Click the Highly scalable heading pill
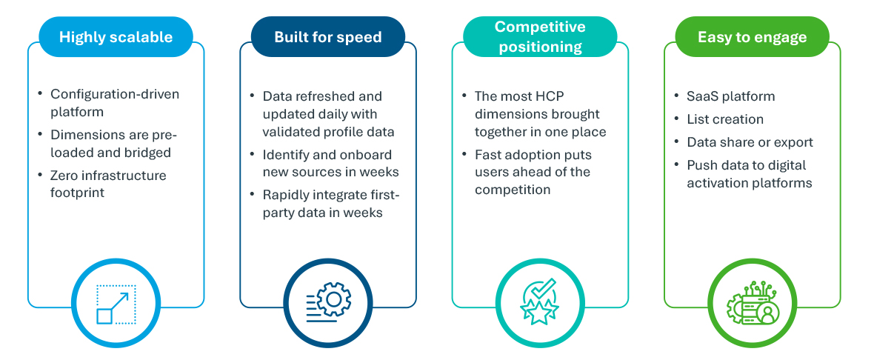(x=116, y=37)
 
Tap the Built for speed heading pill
(x=327, y=37)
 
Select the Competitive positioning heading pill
(x=540, y=37)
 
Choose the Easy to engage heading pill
(x=752, y=37)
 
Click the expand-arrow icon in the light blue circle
(x=116, y=304)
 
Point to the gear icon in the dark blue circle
(x=328, y=302)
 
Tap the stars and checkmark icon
(x=539, y=301)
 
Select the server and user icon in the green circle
(x=752, y=302)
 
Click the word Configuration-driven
(x=115, y=93)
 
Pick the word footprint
(x=78, y=193)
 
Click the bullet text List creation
(x=724, y=119)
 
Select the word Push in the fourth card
(x=699, y=165)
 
